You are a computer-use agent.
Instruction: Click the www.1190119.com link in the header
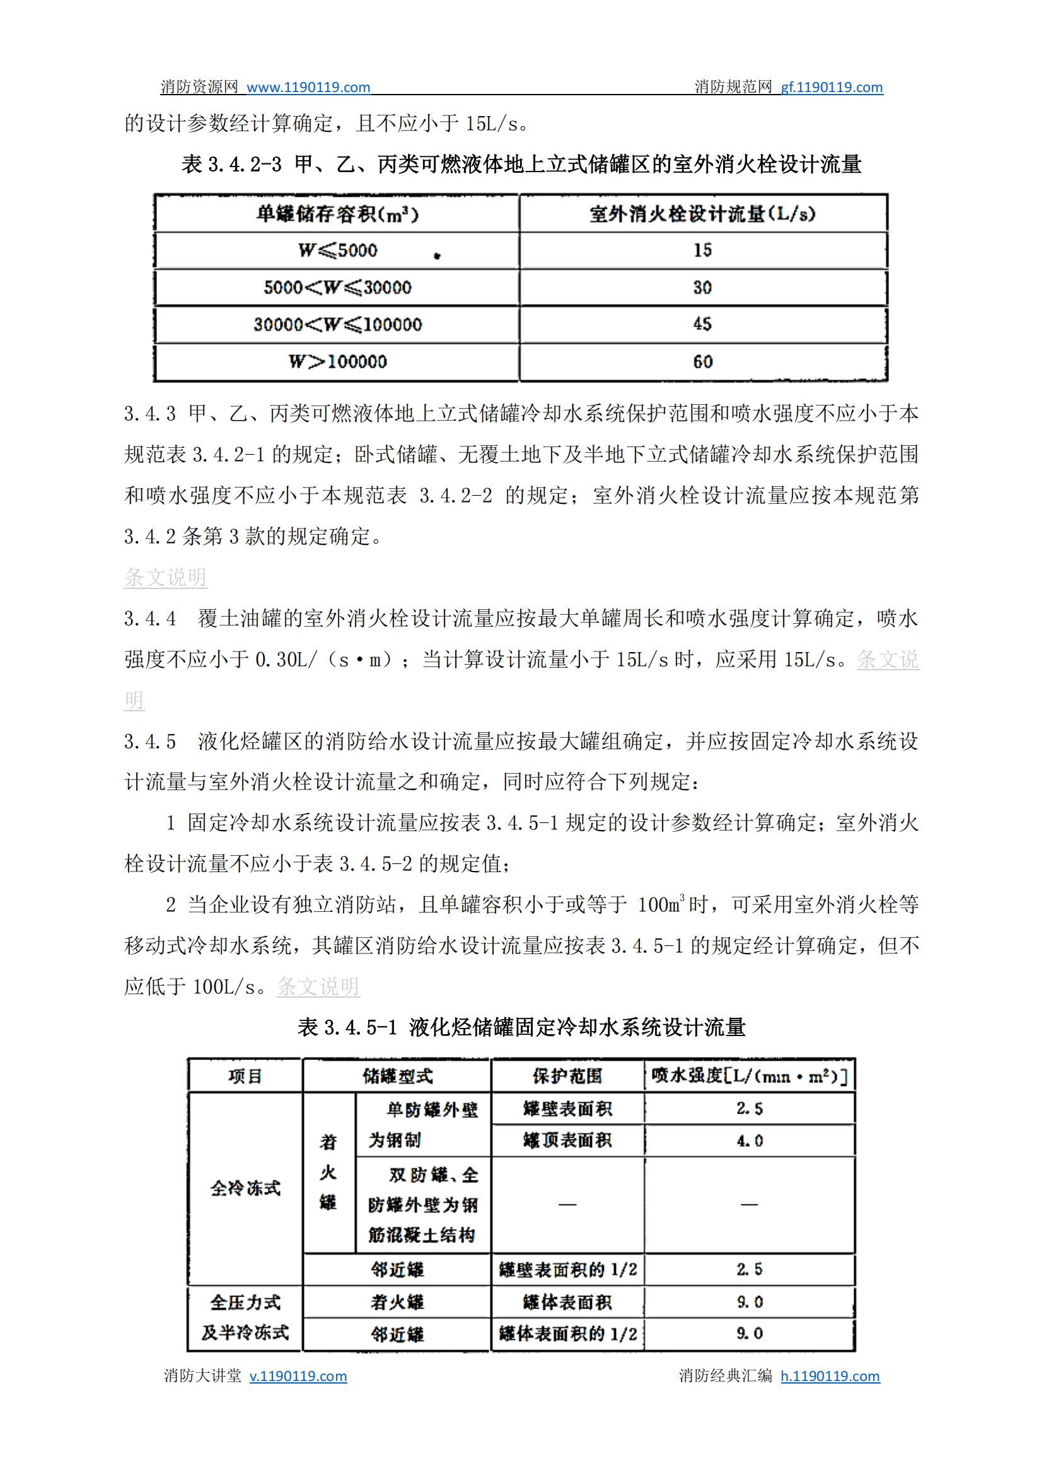[308, 87]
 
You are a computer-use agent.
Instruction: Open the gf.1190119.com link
[831, 87]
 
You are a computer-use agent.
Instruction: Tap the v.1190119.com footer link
[298, 1376]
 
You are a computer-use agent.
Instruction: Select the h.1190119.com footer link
[830, 1376]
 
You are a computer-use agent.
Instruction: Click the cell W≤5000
[337, 250]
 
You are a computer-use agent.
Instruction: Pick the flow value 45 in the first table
[702, 324]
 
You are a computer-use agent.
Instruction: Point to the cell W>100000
[337, 361]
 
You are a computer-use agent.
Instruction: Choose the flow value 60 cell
[702, 361]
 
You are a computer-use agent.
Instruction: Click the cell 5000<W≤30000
[337, 288]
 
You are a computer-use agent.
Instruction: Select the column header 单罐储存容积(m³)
[337, 214]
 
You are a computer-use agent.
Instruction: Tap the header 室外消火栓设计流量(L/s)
[702, 214]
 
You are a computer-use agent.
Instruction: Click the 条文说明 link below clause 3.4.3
[165, 578]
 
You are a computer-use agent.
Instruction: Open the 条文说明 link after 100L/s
[318, 986]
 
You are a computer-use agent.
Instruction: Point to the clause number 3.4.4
[150, 619]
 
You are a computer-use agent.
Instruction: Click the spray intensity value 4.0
[750, 1141]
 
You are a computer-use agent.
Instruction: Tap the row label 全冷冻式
[245, 1188]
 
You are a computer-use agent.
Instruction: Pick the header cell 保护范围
[567, 1076]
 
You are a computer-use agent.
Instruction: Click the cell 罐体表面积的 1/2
[567, 1334]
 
